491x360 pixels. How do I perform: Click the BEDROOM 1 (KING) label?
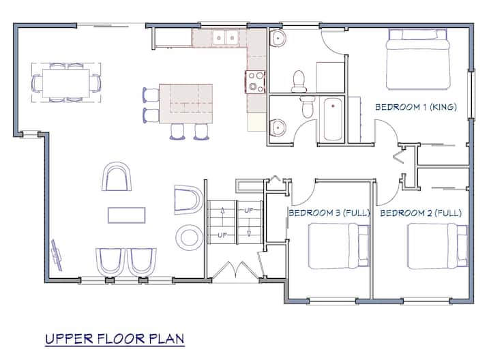(416, 107)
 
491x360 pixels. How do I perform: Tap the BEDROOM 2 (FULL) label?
(421, 213)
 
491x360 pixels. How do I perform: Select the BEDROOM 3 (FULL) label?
(329, 213)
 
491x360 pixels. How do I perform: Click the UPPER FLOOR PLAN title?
(115, 339)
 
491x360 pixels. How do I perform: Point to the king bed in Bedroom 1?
(418, 59)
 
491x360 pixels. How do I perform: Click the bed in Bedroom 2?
(437, 246)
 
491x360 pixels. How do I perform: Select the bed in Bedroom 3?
(339, 246)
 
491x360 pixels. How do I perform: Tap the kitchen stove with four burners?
(256, 82)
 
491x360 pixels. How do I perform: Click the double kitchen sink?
(226, 38)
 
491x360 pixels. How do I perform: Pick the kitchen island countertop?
(186, 104)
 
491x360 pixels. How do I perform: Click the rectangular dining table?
(66, 83)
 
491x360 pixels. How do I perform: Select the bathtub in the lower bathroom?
(333, 119)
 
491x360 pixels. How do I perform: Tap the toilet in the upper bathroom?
(299, 80)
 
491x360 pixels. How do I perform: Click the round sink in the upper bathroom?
(278, 38)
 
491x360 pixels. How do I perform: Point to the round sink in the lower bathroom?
(278, 127)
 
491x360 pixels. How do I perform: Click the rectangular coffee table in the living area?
(127, 215)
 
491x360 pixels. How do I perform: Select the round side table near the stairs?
(189, 237)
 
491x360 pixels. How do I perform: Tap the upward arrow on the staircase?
(222, 211)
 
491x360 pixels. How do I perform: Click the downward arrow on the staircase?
(249, 233)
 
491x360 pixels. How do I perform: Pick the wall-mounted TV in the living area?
(57, 255)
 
